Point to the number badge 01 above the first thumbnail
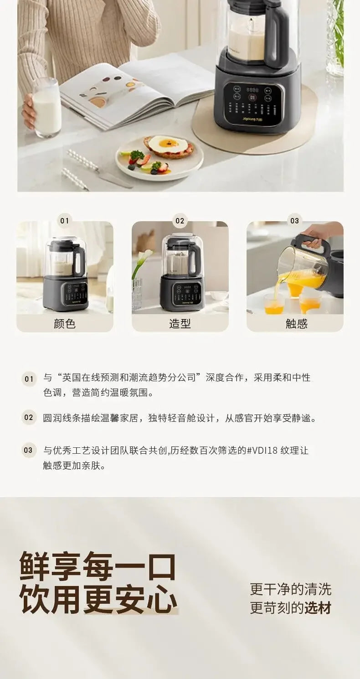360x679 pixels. (x=65, y=221)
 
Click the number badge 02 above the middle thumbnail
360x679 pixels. (x=180, y=221)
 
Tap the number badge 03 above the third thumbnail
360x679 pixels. (x=295, y=221)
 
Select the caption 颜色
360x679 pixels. (x=65, y=324)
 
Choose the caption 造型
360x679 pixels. (x=180, y=324)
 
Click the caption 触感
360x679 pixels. (x=296, y=324)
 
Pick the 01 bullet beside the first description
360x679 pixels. (x=29, y=379)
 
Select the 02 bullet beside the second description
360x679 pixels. (x=29, y=418)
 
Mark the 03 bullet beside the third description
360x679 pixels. (x=29, y=451)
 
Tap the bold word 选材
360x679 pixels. (x=318, y=608)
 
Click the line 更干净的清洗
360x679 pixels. (x=290, y=589)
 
